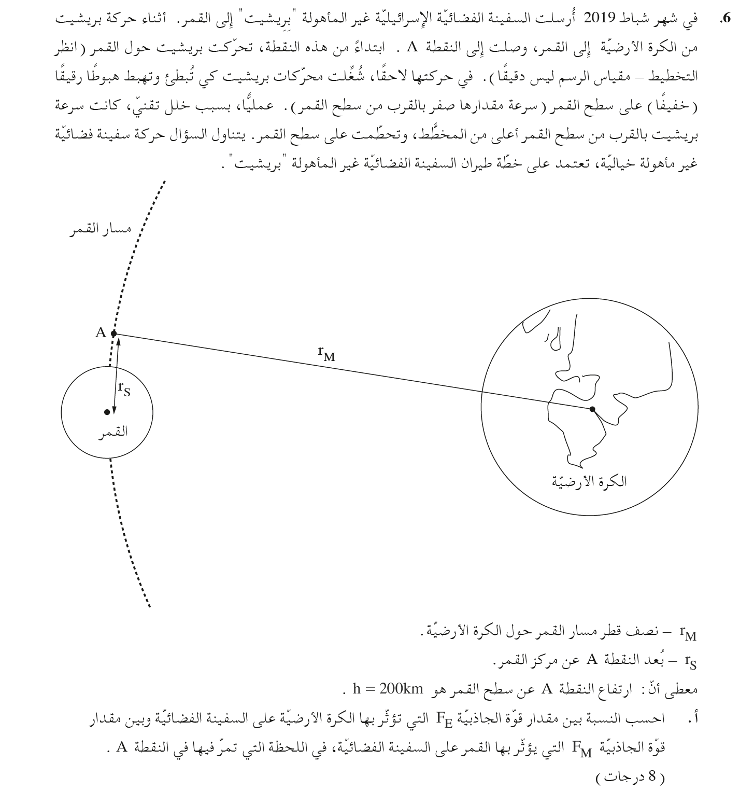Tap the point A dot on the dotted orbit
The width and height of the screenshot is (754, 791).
[x=114, y=334]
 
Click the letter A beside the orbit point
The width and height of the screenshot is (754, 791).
[x=101, y=333]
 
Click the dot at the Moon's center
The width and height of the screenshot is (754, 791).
[x=107, y=412]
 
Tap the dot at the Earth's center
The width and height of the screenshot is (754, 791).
[x=592, y=409]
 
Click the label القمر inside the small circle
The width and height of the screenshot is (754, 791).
[x=116, y=432]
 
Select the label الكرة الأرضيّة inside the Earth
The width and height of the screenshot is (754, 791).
[x=589, y=482]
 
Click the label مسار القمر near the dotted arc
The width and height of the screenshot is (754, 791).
[x=100, y=229]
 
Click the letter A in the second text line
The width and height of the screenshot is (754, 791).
[x=412, y=48]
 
